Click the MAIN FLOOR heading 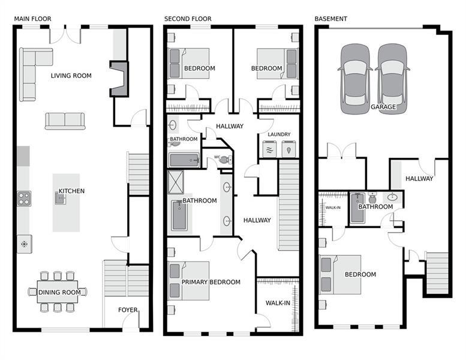[32, 19]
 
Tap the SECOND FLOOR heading [188, 19]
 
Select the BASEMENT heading [330, 19]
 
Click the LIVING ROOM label [71, 76]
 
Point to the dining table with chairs [58, 292]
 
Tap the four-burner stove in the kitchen [24, 199]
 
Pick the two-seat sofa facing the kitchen [65, 120]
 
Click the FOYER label [128, 310]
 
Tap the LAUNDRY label [279, 134]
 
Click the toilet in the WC [225, 160]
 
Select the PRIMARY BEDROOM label [211, 282]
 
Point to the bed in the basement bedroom [339, 274]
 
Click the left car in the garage [356, 79]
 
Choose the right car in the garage [393, 79]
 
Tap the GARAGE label [383, 107]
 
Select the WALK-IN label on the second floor [278, 303]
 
